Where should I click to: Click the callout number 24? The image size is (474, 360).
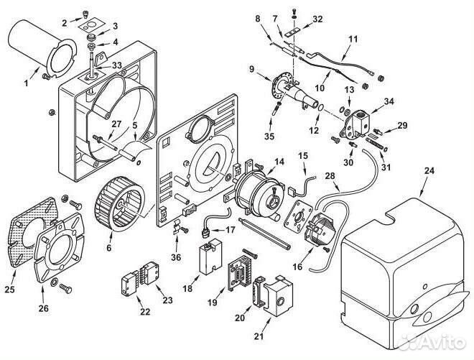(429, 171)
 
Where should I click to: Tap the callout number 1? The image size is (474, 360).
(26, 83)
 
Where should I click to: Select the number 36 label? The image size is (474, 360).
(176, 257)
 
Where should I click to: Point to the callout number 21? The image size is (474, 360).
(259, 336)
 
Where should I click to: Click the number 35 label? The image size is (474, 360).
(269, 137)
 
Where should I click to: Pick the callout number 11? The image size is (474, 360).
(353, 40)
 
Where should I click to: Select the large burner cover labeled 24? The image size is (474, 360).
(405, 272)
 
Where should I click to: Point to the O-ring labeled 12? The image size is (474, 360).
(321, 107)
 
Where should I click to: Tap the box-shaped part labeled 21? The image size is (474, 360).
(278, 295)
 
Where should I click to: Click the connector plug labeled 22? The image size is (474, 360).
(129, 285)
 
